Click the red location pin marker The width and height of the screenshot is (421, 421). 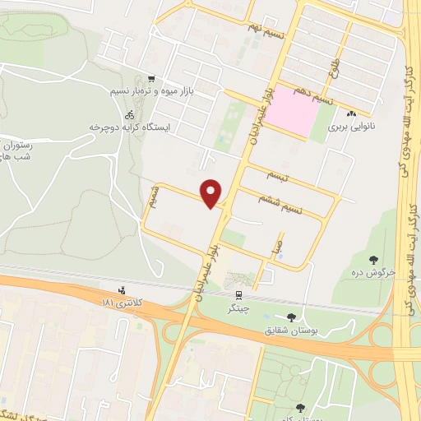(212, 192)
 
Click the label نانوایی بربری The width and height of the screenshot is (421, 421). (351, 127)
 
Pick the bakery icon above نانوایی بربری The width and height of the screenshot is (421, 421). (351, 114)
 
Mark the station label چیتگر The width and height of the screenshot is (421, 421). (238, 309)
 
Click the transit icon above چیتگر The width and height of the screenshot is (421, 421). (238, 295)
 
